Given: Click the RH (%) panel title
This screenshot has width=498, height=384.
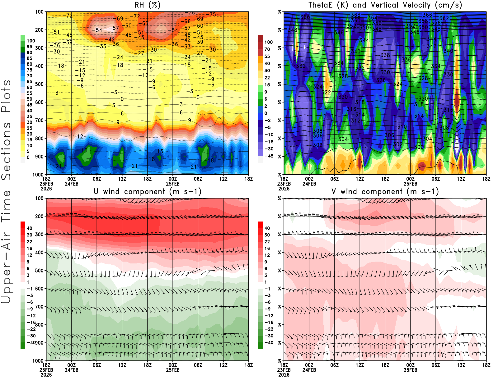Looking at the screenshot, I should click(147, 5).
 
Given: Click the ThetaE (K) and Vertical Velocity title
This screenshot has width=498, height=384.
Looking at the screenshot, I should click(385, 5).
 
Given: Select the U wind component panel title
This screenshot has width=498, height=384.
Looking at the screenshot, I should click(147, 191).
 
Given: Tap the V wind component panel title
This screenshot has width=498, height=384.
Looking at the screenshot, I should click(385, 191).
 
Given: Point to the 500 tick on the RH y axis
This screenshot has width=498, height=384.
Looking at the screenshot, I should click(40, 84).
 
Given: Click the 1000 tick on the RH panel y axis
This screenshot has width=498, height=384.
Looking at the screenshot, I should click(38, 175).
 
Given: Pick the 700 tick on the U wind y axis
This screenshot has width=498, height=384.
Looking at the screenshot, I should click(40, 307).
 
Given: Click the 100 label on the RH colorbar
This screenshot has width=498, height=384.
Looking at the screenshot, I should click(31, 41).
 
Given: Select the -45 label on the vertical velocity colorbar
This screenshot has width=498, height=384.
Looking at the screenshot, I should click(269, 156).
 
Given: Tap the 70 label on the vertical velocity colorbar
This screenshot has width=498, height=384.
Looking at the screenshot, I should click(267, 49).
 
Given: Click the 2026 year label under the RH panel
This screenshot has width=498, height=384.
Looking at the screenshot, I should click(46, 189).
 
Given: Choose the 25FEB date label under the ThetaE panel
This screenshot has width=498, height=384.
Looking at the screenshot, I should click(410, 184).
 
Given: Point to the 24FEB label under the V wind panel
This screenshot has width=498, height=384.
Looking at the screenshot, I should click(309, 370).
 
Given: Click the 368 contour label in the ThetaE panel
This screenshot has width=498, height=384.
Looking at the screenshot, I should click(355, 15).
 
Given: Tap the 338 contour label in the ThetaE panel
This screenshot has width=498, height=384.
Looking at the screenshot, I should click(385, 55).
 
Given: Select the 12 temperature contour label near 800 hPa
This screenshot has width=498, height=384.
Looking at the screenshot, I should click(80, 136).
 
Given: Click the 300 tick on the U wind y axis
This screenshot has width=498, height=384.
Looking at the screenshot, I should click(40, 234).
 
